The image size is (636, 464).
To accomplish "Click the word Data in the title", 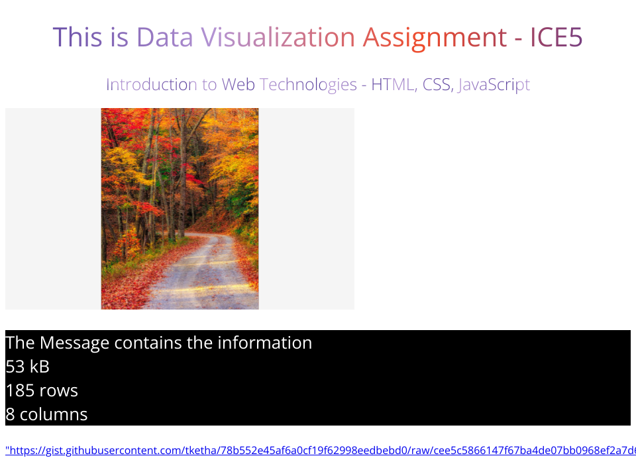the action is pos(165,37).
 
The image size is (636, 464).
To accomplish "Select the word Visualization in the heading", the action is pos(278,37).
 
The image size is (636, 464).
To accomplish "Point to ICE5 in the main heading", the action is pos(556,37).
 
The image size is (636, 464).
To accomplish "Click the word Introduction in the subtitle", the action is pos(152,84).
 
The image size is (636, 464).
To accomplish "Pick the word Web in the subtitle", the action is pos(238,84).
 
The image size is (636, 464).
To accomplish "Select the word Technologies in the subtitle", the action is pos(308,86).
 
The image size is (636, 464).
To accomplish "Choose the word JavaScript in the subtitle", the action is pos(494,86).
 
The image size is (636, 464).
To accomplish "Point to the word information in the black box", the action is pos(265,343).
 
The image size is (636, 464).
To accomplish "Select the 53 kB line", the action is pos(28,367).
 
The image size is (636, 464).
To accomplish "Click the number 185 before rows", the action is pos(20,390).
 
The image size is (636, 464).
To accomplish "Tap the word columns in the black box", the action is pos(54,414).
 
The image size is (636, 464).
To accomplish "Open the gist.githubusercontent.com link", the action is pos(321,450).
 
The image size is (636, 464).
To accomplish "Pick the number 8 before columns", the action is pos(11,414).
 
